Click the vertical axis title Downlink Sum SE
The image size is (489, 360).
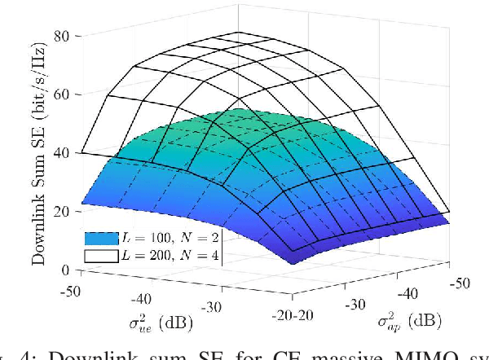[x=39, y=152]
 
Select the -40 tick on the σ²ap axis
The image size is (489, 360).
[x=411, y=294]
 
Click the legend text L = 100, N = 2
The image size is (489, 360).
[x=170, y=239]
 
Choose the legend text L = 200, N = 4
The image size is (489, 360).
[x=170, y=256]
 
